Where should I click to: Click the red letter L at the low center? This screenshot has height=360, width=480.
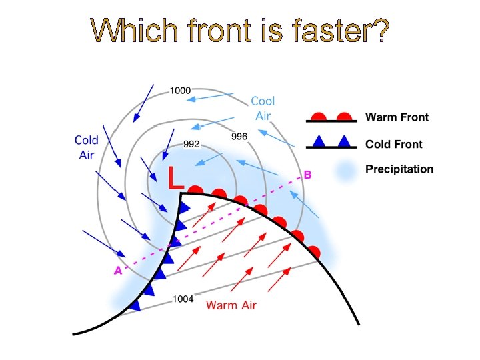click(x=175, y=177)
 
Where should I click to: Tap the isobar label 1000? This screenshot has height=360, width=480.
click(x=180, y=91)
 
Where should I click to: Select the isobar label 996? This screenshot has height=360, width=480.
click(x=239, y=136)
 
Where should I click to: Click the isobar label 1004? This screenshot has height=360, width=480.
click(x=183, y=299)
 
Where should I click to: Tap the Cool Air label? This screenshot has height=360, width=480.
click(x=263, y=108)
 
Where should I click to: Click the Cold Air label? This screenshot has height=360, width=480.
click(x=87, y=147)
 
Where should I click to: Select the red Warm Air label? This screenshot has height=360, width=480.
click(x=231, y=305)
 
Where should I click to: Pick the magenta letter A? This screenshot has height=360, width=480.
click(x=118, y=271)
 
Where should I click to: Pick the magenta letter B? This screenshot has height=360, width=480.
click(x=307, y=175)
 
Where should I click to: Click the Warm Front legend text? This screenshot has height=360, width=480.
click(x=397, y=117)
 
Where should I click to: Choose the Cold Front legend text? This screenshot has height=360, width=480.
click(x=393, y=144)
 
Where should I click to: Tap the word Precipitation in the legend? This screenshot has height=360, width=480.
click(x=399, y=169)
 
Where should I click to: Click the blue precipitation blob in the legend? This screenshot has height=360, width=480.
click(x=344, y=171)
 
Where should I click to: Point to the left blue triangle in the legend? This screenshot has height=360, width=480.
click(x=319, y=141)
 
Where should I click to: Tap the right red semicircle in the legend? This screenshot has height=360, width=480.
click(x=344, y=117)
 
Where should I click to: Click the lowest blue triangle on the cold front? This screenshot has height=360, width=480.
click(x=135, y=305)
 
